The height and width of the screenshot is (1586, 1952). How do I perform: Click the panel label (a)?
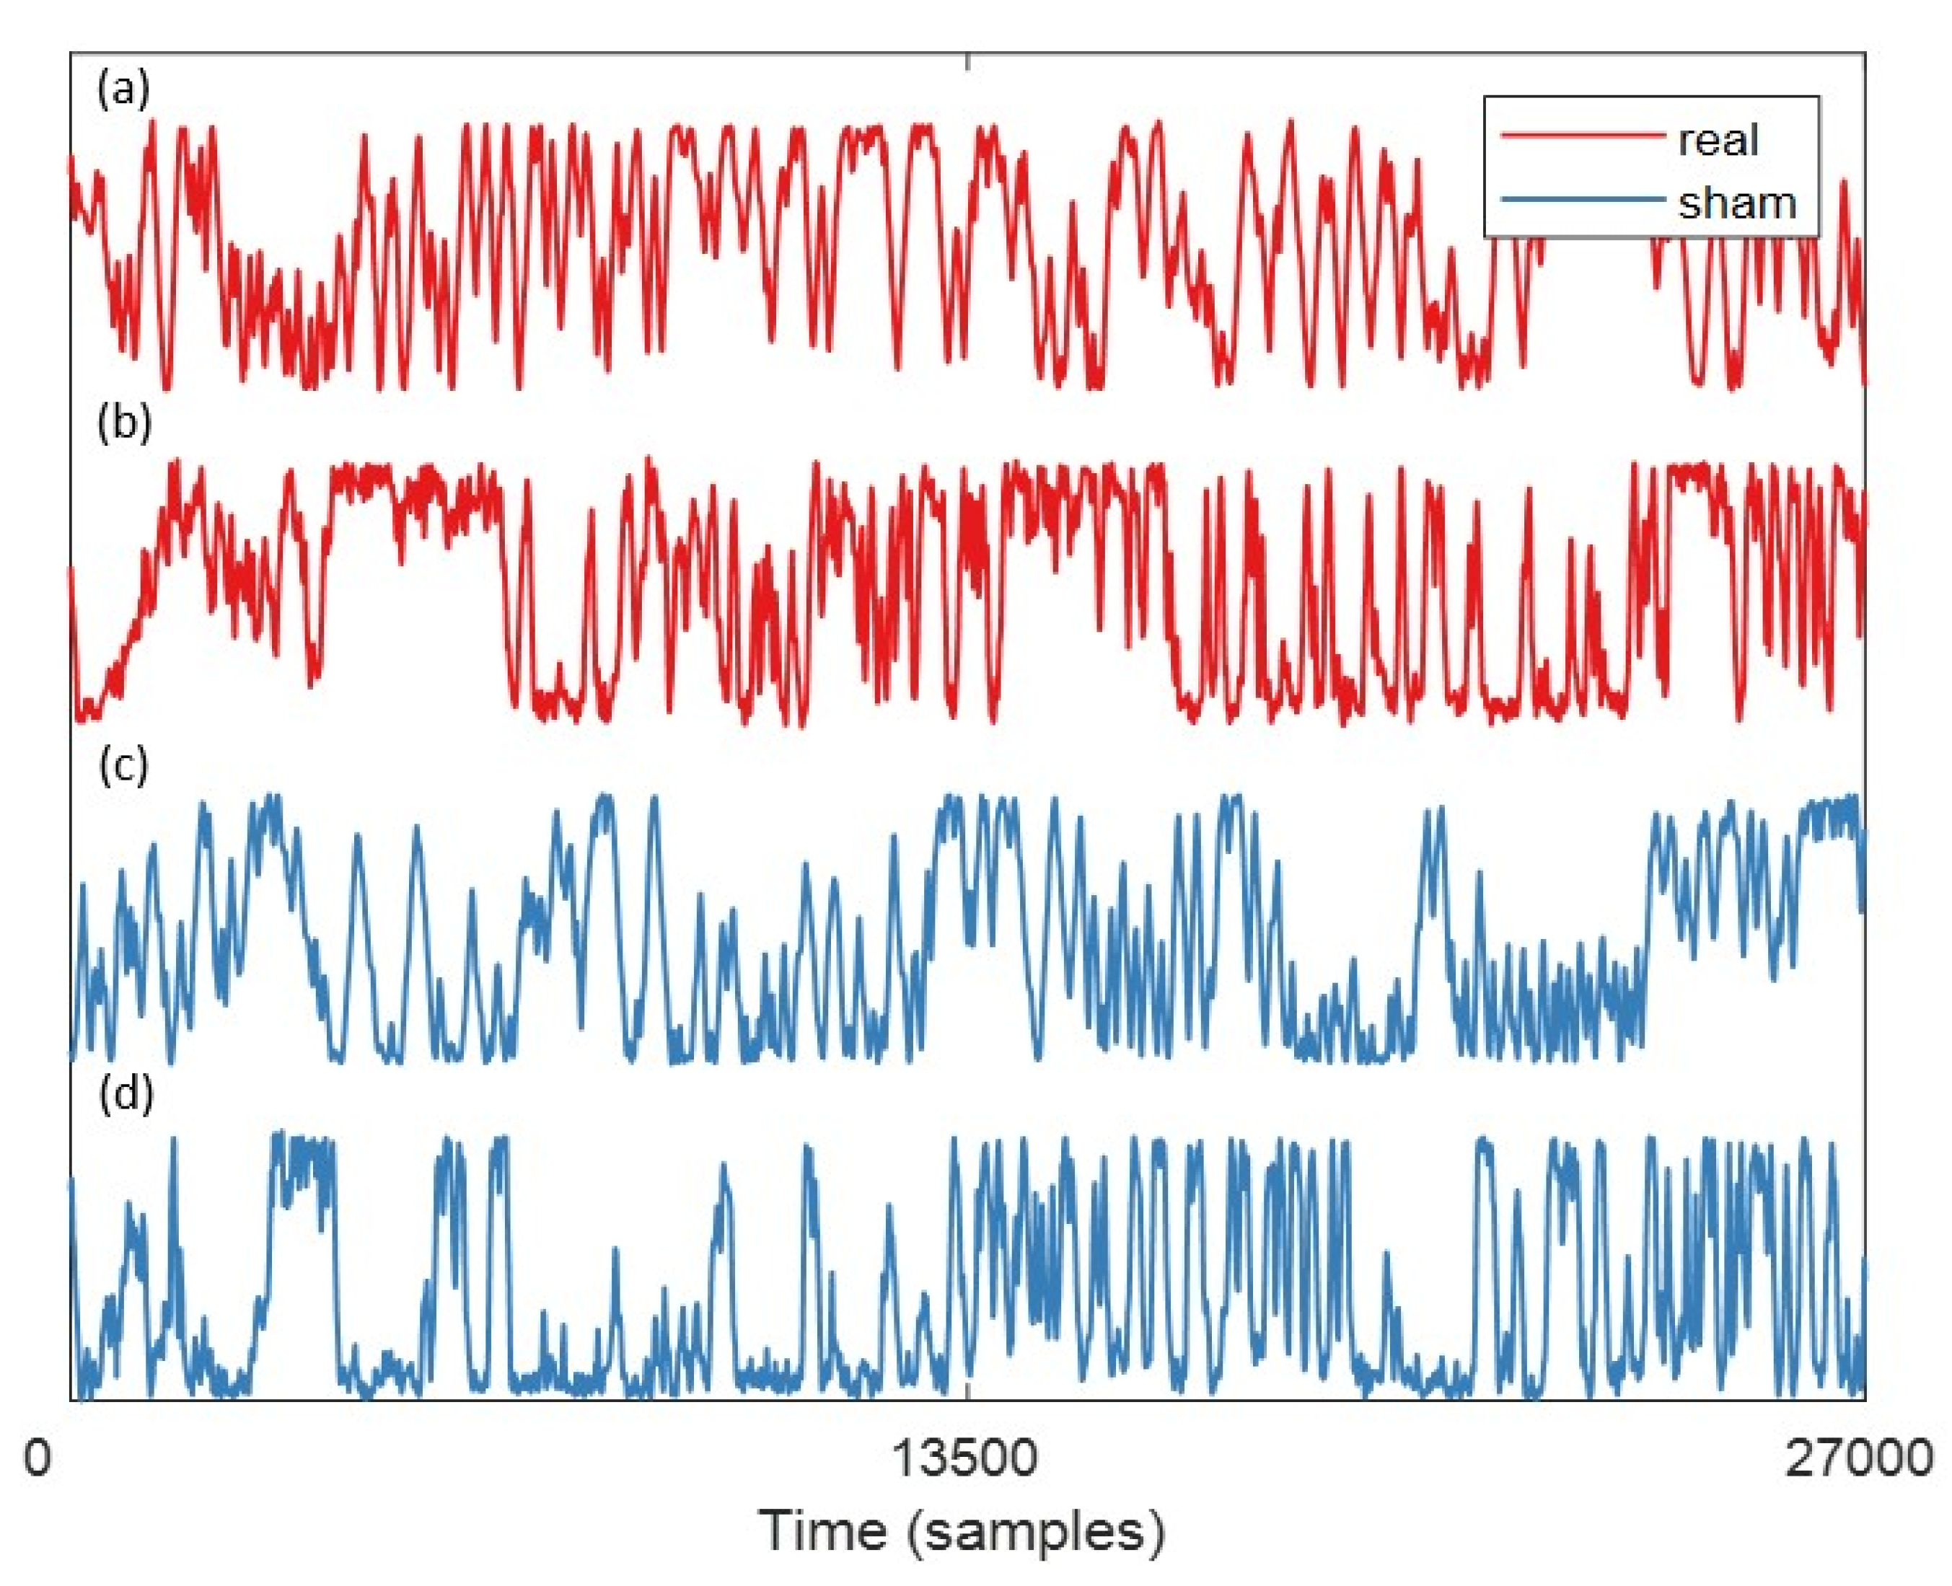pyautogui.click(x=123, y=90)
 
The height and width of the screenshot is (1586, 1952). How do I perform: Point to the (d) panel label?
pyautogui.click(x=124, y=1093)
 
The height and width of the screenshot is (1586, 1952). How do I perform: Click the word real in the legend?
pyautogui.click(x=1718, y=140)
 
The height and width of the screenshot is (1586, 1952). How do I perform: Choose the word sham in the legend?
pyautogui.click(x=1736, y=202)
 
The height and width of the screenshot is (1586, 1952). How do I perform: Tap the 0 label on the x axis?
pyautogui.click(x=37, y=1458)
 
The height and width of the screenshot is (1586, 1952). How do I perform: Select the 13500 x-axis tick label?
pyautogui.click(x=965, y=1458)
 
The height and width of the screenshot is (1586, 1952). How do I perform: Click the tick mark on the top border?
pyautogui.click(x=968, y=61)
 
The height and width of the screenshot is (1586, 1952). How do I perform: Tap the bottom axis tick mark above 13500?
pyautogui.click(x=968, y=1391)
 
